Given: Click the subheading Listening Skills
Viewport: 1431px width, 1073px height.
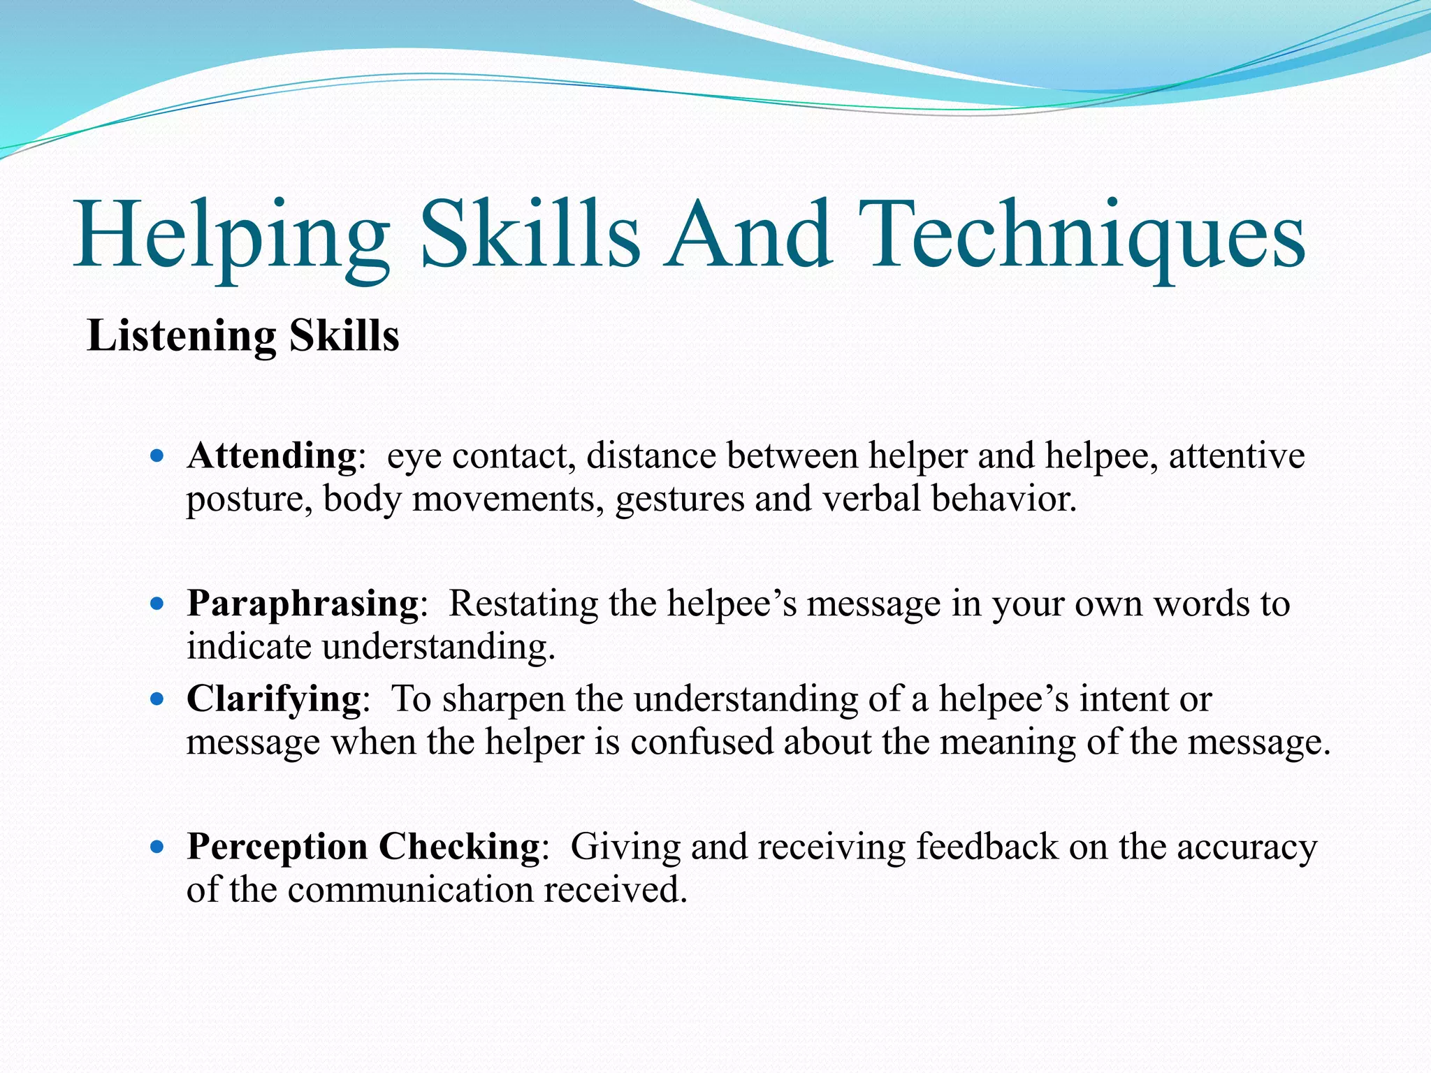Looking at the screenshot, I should (x=243, y=336).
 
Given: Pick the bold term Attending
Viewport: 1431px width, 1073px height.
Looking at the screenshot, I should (x=272, y=455).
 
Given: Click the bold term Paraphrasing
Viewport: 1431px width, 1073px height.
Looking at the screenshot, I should (x=303, y=604).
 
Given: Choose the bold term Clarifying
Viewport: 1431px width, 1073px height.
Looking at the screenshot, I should (x=274, y=698).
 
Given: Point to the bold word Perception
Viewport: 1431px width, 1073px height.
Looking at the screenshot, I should (x=277, y=847).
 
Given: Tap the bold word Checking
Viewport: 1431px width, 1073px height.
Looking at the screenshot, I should (x=459, y=847).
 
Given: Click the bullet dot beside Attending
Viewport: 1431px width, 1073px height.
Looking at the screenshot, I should (x=157, y=457).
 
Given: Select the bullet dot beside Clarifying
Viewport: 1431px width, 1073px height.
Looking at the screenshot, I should (x=157, y=699).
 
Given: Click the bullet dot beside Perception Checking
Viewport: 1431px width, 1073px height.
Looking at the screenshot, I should (x=157, y=847).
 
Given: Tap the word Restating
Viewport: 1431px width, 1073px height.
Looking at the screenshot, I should (x=523, y=604).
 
